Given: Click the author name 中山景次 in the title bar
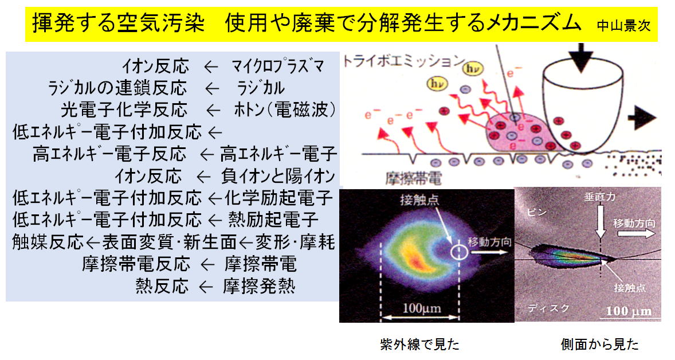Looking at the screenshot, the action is click(623, 26).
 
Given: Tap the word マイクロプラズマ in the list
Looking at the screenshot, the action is click(278, 66).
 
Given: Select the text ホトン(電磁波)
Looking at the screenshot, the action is click(285, 110).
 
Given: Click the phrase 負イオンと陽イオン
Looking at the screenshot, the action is click(278, 175).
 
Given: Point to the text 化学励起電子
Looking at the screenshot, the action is click(278, 198).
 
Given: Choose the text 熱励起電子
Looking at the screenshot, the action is click(273, 220).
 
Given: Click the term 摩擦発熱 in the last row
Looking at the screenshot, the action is click(259, 286).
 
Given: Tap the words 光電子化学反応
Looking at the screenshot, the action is click(124, 110).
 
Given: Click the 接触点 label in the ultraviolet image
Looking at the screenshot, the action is click(419, 199).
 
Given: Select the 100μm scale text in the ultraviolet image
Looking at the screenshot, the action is click(421, 308).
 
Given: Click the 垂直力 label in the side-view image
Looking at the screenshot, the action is click(600, 197).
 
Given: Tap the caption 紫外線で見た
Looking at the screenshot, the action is click(419, 344).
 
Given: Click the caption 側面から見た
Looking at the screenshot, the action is click(600, 344).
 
